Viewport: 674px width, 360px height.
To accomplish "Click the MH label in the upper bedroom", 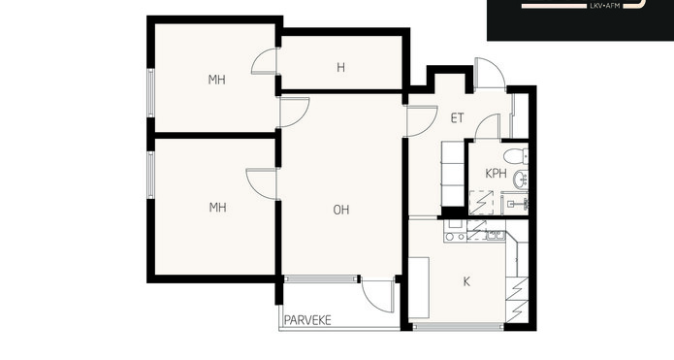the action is tap(216, 80).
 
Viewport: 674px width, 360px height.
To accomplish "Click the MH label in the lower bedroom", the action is tap(217, 208).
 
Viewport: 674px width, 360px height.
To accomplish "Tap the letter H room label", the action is tap(340, 68).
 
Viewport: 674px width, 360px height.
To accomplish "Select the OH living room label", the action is tap(341, 210).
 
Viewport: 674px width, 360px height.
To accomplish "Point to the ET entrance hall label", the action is tap(458, 118).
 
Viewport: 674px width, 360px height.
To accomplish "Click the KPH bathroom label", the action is tap(496, 174).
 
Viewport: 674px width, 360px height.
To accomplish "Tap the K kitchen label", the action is tap(466, 281).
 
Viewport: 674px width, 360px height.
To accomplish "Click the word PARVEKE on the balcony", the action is tap(307, 320).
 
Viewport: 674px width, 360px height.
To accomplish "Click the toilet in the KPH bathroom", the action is tap(516, 156).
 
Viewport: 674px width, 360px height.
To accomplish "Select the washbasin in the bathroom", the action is tap(521, 179).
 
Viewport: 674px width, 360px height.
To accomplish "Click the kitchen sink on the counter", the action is tap(497, 235).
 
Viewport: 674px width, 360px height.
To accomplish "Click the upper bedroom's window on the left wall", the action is tap(150, 93).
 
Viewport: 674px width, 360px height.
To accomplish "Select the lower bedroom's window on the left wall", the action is tap(150, 175).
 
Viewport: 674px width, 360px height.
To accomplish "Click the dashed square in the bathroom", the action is tap(481, 203).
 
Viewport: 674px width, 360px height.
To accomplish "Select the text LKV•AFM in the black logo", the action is tap(604, 6).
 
